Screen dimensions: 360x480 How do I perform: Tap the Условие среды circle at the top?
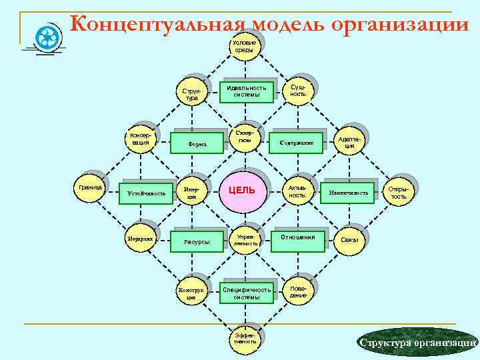click(244, 47)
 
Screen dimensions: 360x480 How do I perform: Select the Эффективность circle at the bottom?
click(244, 337)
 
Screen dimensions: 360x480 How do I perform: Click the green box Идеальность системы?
click(246, 91)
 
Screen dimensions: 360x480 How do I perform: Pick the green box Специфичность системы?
click(246, 293)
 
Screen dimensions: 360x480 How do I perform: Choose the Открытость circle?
click(399, 193)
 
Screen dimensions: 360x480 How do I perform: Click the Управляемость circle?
click(244, 240)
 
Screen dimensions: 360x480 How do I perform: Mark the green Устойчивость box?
click(146, 193)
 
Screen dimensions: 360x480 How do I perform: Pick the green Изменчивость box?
click(347, 192)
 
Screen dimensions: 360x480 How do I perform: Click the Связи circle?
click(349, 240)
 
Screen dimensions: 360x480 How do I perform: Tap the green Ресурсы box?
click(197, 242)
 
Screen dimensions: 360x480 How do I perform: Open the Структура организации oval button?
click(418, 342)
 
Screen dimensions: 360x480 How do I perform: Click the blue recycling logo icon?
click(49, 37)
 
